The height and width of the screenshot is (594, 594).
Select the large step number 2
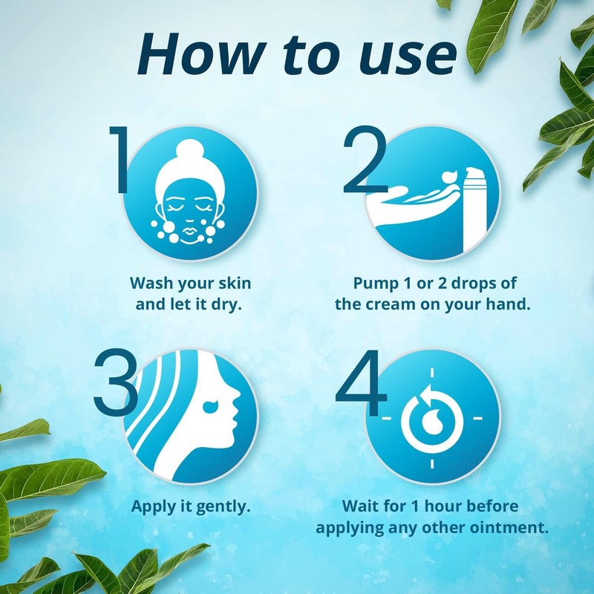point(367,160)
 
